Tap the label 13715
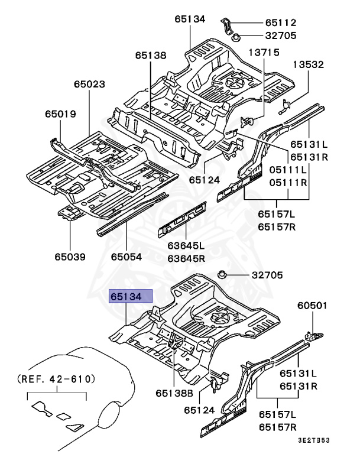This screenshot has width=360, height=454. pos(264,53)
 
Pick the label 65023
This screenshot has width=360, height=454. pos(90,84)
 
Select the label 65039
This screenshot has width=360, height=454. pos(70,257)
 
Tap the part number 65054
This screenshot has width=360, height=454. pos(127,257)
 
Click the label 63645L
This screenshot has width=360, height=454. pos(186,246)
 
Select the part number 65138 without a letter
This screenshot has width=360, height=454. pos(150,56)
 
